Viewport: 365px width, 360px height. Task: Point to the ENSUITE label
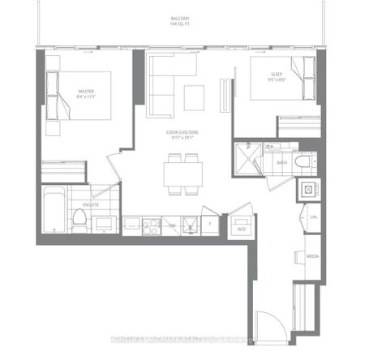[x=100, y=204]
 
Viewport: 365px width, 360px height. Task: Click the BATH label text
[x=281, y=163]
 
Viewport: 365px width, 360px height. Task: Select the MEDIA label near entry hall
[x=311, y=256]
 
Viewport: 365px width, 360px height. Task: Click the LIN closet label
[x=312, y=217]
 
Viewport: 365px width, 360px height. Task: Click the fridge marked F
[x=209, y=224]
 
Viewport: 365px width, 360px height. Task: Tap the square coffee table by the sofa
[x=194, y=96]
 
